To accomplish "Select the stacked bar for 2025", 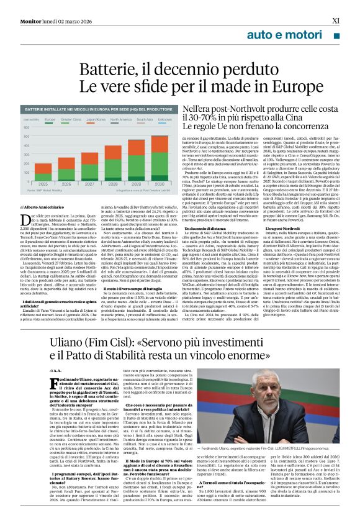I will point(43,168).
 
